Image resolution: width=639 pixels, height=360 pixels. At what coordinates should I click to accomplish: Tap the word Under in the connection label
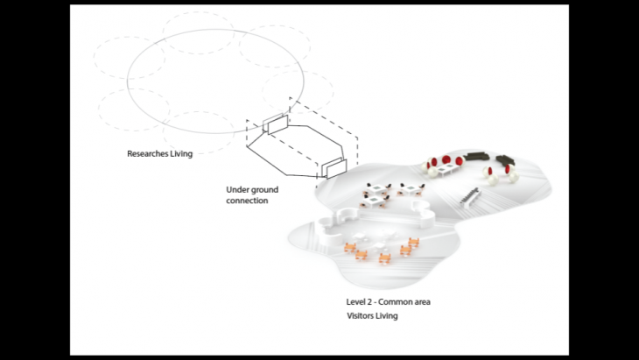pos(239,189)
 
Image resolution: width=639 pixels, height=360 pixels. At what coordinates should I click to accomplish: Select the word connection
pos(247,201)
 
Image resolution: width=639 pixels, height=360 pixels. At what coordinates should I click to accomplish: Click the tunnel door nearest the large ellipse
pos(274,124)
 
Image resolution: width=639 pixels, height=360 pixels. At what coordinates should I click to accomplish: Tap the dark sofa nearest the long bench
pos(507,164)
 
